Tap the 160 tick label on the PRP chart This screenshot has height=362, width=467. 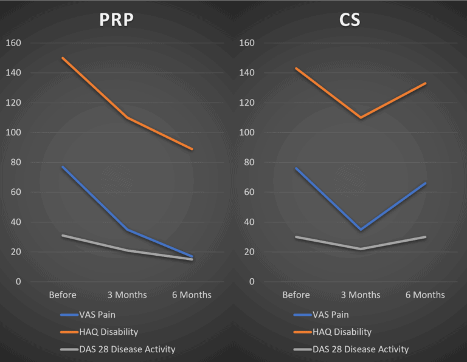[12, 43]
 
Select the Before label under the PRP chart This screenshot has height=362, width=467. [63, 295]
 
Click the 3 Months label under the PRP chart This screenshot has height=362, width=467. [127, 295]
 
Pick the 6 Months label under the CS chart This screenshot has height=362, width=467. [425, 295]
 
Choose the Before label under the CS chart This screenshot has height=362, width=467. [296, 295]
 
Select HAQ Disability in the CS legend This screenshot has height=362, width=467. [342, 332]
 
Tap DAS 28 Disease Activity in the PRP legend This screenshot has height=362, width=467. [126, 349]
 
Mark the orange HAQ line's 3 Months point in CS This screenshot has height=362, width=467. [361, 118]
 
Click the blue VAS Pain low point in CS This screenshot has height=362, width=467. [361, 230]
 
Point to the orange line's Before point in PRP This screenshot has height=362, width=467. [63, 58]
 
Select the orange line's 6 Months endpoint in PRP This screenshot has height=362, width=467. [192, 149]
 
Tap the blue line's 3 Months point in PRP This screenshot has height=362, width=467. [127, 230]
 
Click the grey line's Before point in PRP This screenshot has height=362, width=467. [63, 236]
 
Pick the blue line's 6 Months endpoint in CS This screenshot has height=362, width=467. [425, 183]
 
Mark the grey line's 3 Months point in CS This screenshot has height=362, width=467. [361, 249]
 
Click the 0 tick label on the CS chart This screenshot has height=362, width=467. [251, 282]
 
